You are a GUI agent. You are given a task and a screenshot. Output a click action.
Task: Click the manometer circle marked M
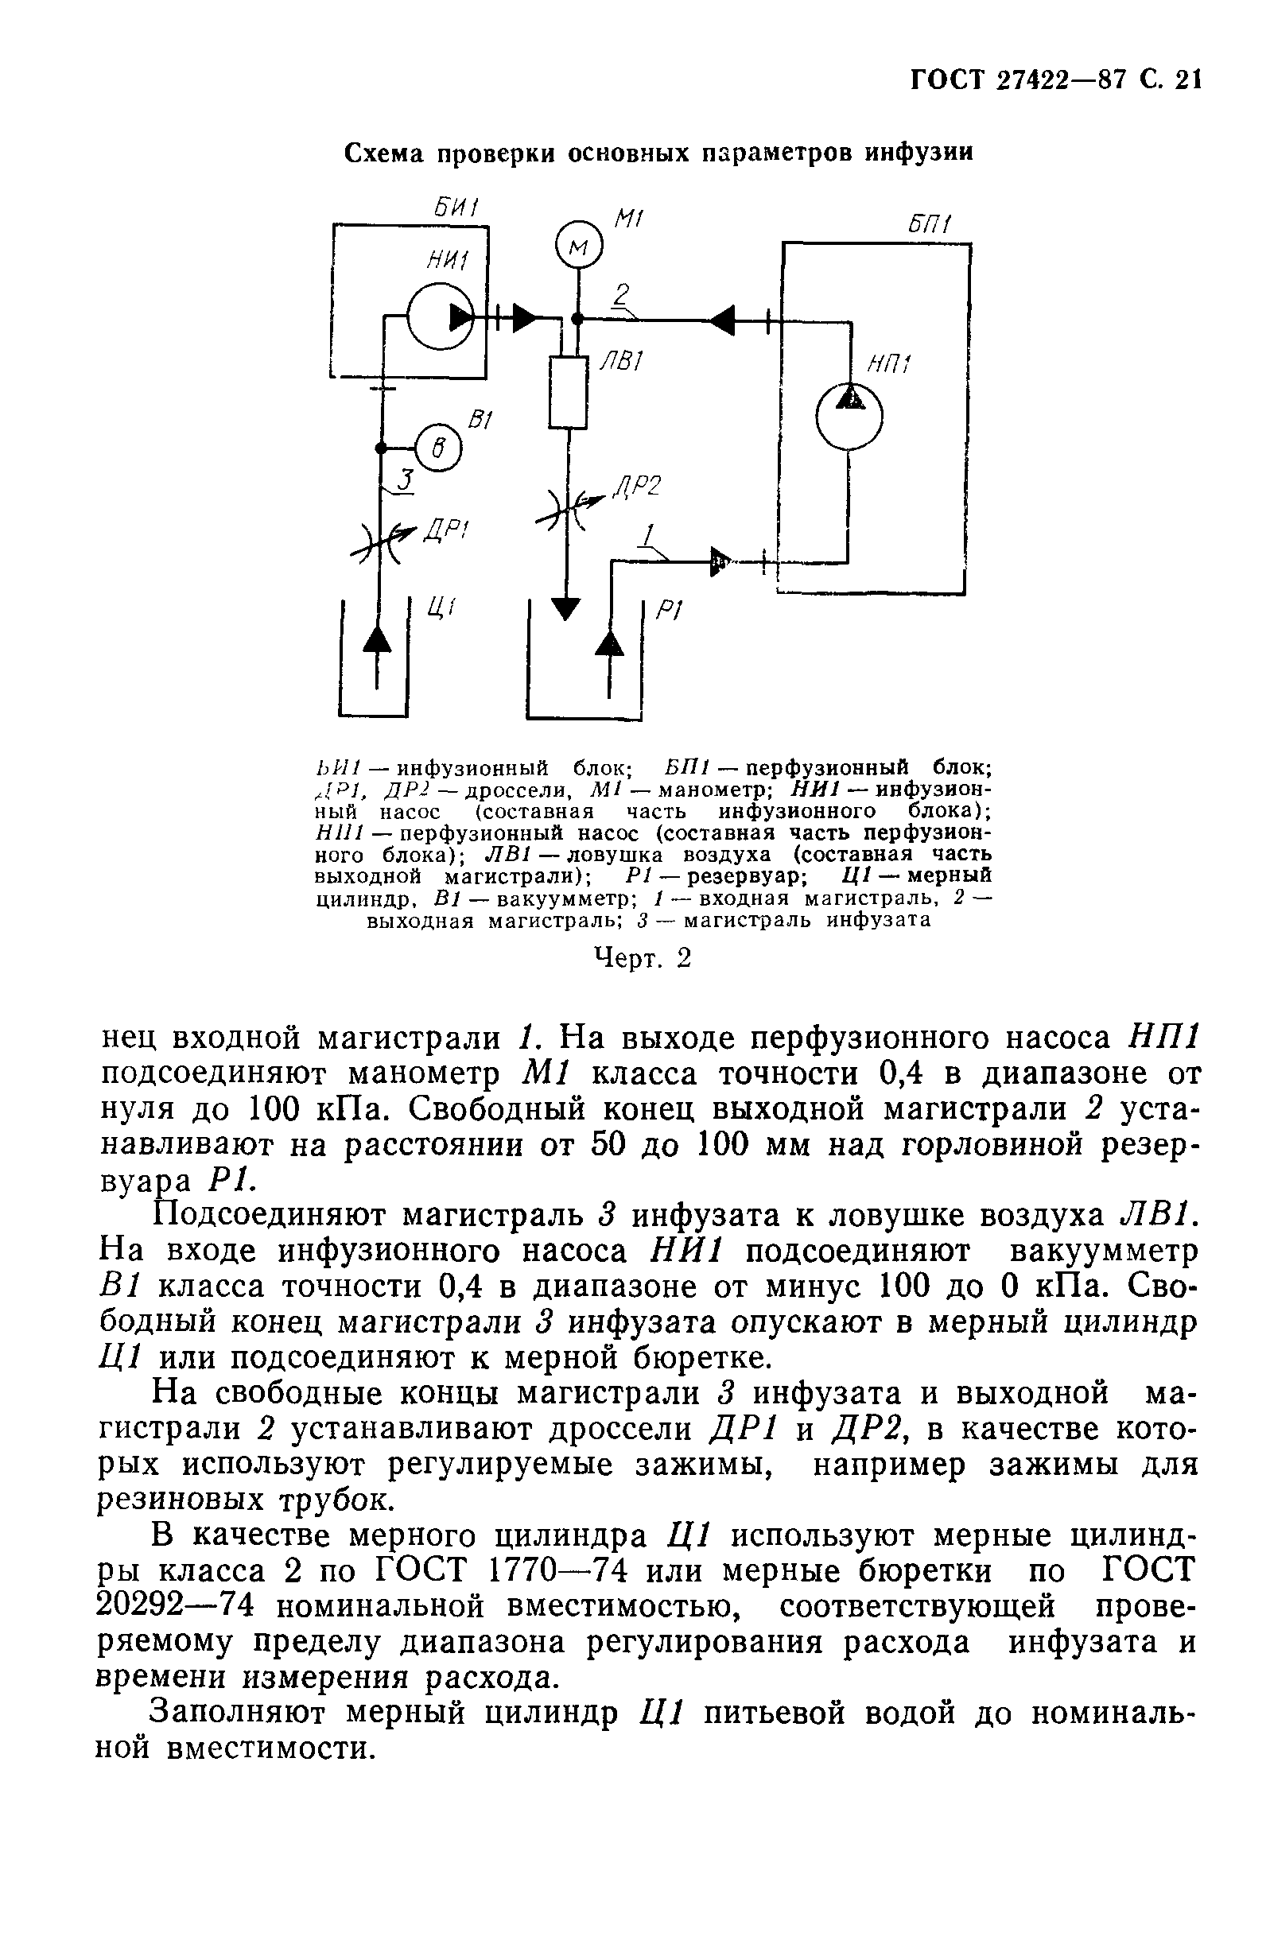click(x=579, y=243)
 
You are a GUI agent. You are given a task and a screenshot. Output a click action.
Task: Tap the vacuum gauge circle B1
click(x=438, y=448)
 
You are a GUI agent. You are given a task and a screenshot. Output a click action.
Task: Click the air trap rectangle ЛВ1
click(x=568, y=392)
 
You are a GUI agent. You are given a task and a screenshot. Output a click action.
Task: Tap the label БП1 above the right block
click(x=930, y=225)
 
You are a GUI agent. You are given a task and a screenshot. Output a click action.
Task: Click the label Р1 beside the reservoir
click(x=670, y=610)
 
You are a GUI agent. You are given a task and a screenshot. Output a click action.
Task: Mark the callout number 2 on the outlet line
click(x=622, y=295)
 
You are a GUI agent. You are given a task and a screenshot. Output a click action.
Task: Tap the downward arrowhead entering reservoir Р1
click(x=565, y=608)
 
